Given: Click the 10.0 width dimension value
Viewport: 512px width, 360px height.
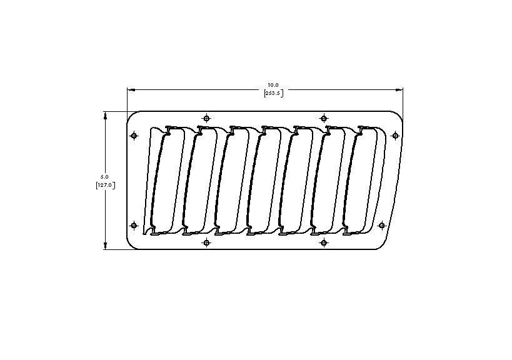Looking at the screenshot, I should pos(273,84).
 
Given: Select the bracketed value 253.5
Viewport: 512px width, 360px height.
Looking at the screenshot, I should pos(273,92).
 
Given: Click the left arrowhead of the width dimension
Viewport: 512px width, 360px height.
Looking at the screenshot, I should pos(130,89).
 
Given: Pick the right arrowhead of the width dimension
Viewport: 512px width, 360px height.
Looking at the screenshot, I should pos(400,89).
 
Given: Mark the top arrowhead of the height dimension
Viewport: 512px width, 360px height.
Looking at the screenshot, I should pos(105,114).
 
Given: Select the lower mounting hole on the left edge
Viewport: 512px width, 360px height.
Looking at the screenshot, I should pos(133,225).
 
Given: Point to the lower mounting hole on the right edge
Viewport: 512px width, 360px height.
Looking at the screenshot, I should pos(383,225).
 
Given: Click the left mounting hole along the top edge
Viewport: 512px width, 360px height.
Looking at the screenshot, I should pos(207,117).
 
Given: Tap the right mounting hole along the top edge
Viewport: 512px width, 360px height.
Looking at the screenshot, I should pos(324,117).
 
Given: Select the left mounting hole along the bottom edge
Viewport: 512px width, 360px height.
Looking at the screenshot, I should pos(207,242).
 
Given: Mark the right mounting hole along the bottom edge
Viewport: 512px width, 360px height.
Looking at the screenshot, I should pos(324,242).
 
